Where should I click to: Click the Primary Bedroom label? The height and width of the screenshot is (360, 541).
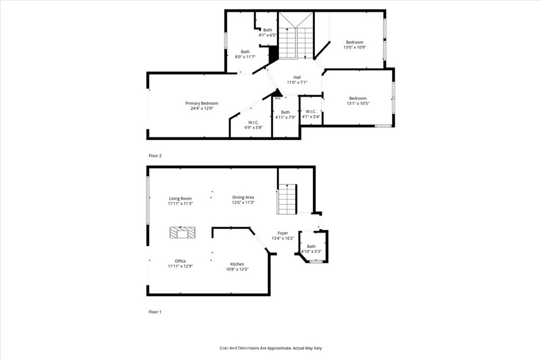(x=201, y=103)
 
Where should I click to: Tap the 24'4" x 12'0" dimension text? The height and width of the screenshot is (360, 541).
(x=201, y=109)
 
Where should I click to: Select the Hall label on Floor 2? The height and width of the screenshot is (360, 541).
(x=297, y=78)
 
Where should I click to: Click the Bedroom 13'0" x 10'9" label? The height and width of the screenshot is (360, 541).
(x=355, y=42)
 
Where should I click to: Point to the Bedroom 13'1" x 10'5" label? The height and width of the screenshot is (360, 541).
(x=357, y=98)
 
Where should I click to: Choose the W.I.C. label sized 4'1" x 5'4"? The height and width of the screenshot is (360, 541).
(x=311, y=111)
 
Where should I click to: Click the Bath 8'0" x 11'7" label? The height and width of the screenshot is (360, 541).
(x=245, y=52)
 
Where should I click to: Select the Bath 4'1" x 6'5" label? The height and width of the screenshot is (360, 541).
(x=268, y=30)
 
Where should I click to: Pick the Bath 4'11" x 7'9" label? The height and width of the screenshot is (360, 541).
(x=285, y=112)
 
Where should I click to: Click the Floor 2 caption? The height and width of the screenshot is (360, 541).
(x=155, y=156)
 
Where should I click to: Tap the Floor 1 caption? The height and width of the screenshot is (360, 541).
(x=155, y=312)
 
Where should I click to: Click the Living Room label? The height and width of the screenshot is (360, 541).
(x=180, y=198)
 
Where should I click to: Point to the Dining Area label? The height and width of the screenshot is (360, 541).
(x=243, y=197)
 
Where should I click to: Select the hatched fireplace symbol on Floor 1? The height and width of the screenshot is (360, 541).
(x=182, y=232)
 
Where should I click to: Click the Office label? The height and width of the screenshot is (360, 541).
(x=180, y=261)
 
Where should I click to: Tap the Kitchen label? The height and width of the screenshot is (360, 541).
(x=237, y=264)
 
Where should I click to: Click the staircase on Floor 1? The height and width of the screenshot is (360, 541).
(x=287, y=199)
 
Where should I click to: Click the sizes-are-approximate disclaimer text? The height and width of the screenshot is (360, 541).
(x=270, y=348)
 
